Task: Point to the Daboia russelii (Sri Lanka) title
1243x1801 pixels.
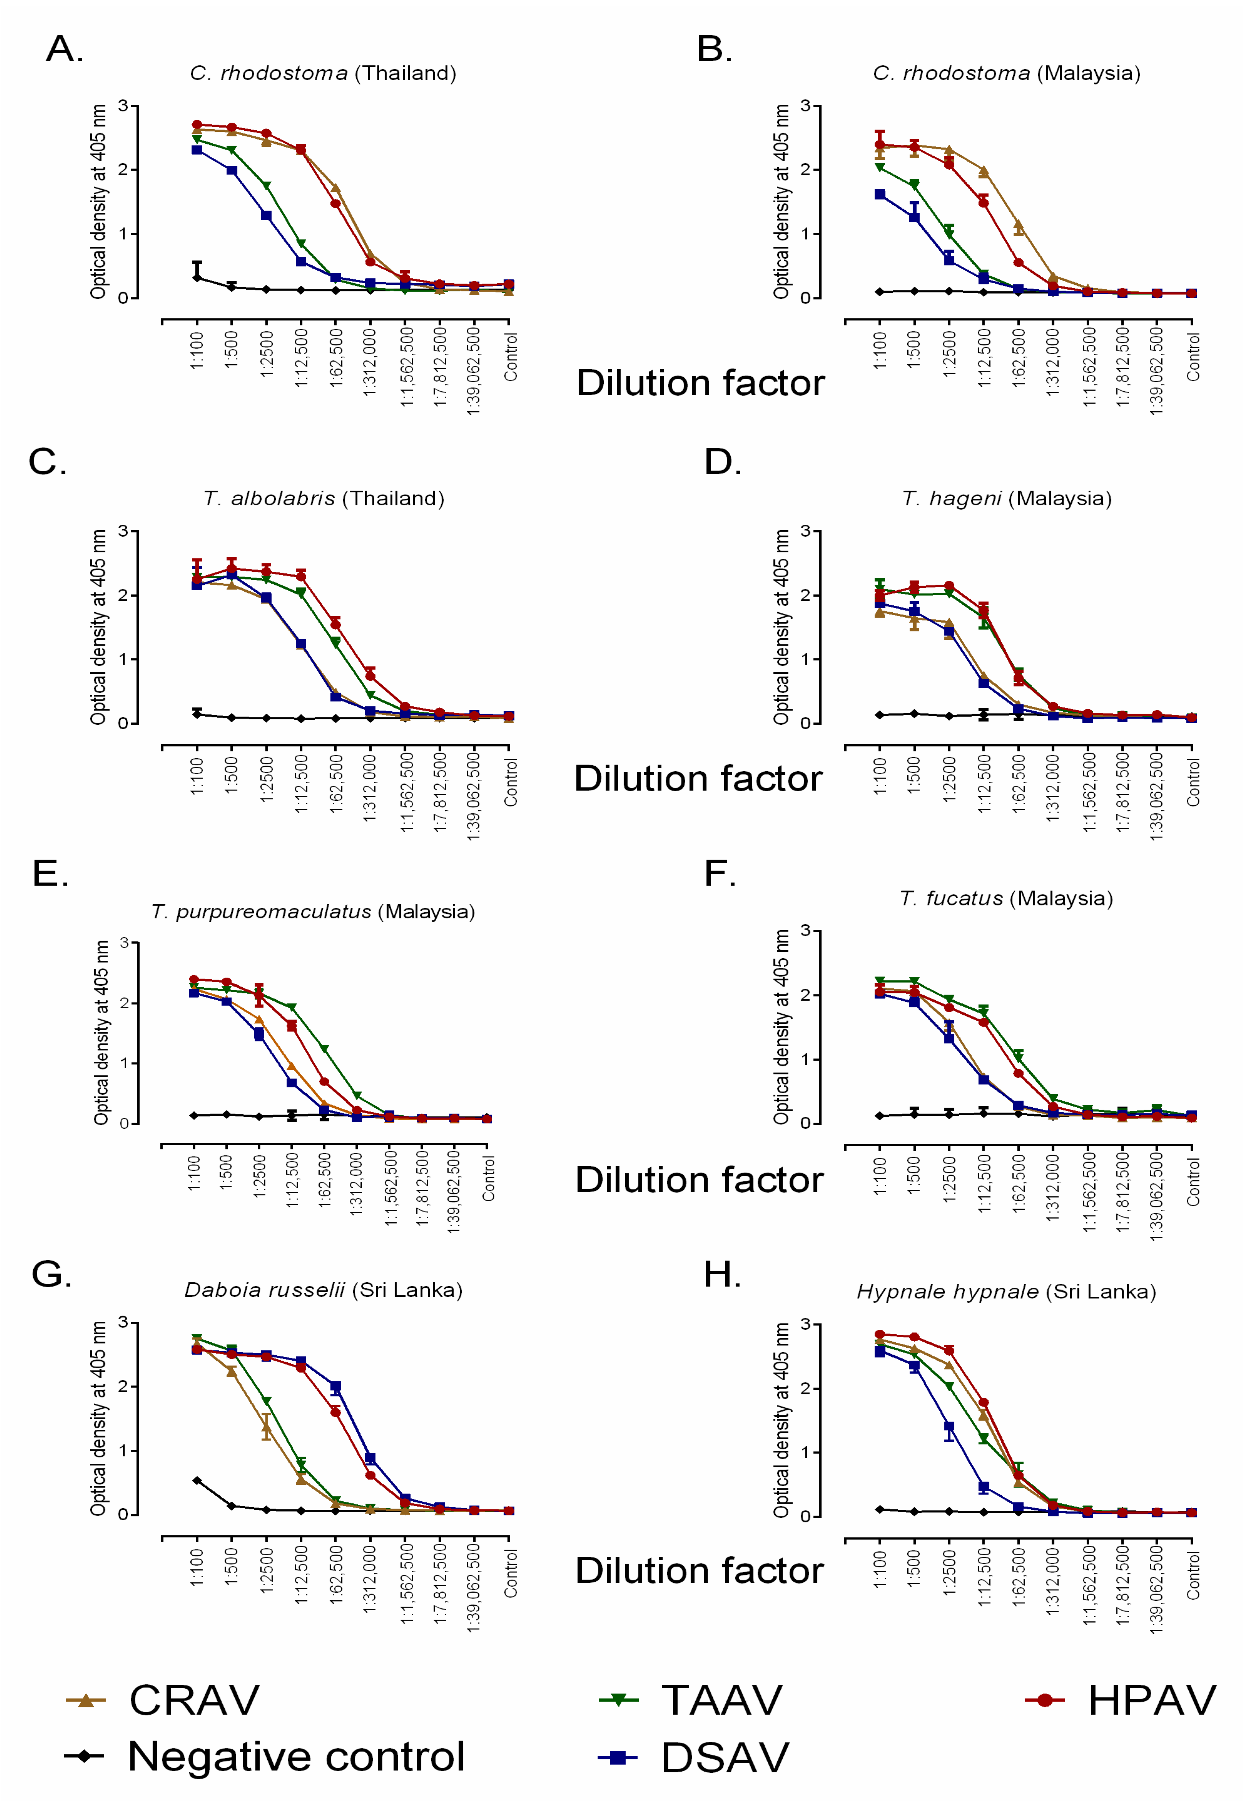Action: (323, 1290)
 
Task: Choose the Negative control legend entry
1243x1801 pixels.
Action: (265, 1757)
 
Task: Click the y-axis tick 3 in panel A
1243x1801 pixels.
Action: (123, 105)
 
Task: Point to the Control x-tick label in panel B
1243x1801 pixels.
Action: (1193, 357)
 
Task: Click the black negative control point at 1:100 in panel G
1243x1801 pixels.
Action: (197, 1480)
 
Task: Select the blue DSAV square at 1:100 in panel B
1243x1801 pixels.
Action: (880, 195)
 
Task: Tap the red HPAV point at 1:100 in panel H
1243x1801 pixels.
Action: (880, 1335)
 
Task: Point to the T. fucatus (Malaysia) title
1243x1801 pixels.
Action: (1006, 899)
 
